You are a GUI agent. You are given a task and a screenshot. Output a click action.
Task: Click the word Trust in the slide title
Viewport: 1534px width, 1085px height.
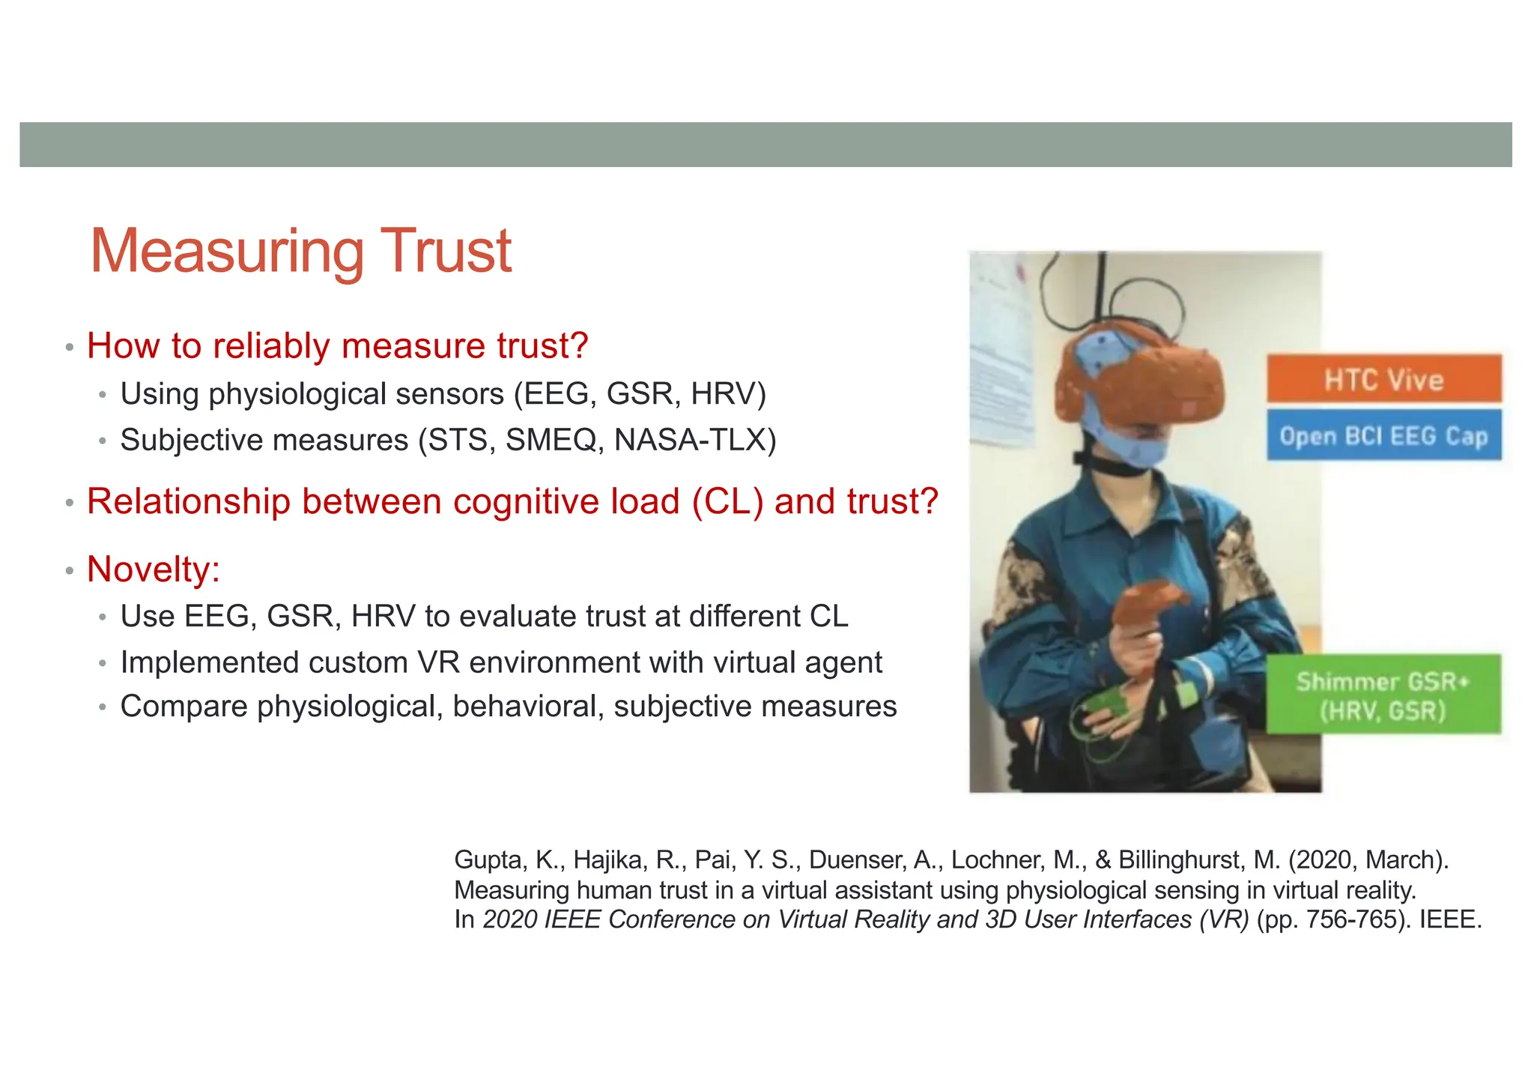(x=446, y=251)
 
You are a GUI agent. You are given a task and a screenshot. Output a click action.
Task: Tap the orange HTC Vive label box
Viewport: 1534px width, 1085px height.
(x=1383, y=379)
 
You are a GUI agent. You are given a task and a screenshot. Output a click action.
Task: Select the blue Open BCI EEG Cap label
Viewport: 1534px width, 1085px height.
(x=1383, y=435)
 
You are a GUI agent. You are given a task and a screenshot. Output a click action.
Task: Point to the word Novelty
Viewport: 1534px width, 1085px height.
(x=152, y=569)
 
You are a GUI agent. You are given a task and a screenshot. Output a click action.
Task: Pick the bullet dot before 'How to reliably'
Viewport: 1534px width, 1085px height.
(x=69, y=348)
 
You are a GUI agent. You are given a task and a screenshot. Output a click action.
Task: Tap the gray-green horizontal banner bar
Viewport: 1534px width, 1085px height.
(x=766, y=145)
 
